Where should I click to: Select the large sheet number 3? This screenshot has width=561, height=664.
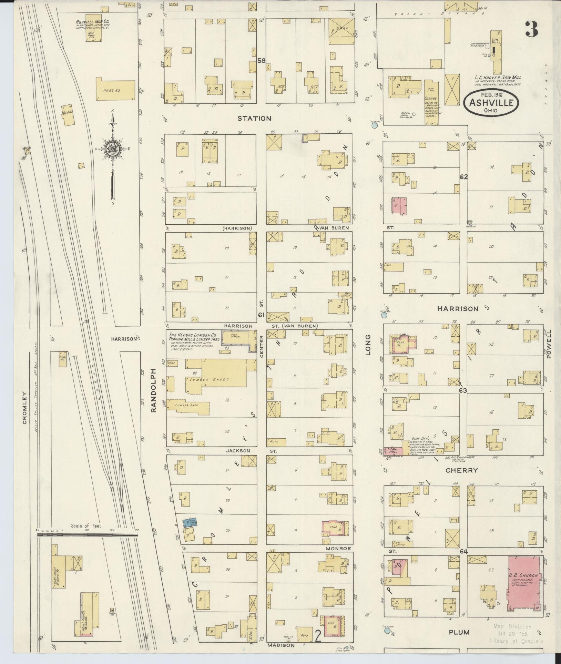(532, 29)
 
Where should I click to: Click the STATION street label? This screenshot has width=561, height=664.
(254, 119)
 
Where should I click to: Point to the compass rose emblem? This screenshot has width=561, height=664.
(113, 149)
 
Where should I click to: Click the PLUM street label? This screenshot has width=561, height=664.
(459, 632)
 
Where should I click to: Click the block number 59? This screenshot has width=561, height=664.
(261, 61)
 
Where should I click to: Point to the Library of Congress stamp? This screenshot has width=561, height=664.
(516, 641)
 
